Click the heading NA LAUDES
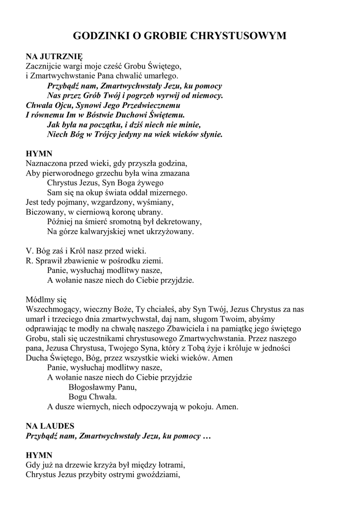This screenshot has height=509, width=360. click(x=50, y=426)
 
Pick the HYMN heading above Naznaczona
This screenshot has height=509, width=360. click(x=39, y=154)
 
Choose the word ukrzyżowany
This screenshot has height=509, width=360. click(x=170, y=231)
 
